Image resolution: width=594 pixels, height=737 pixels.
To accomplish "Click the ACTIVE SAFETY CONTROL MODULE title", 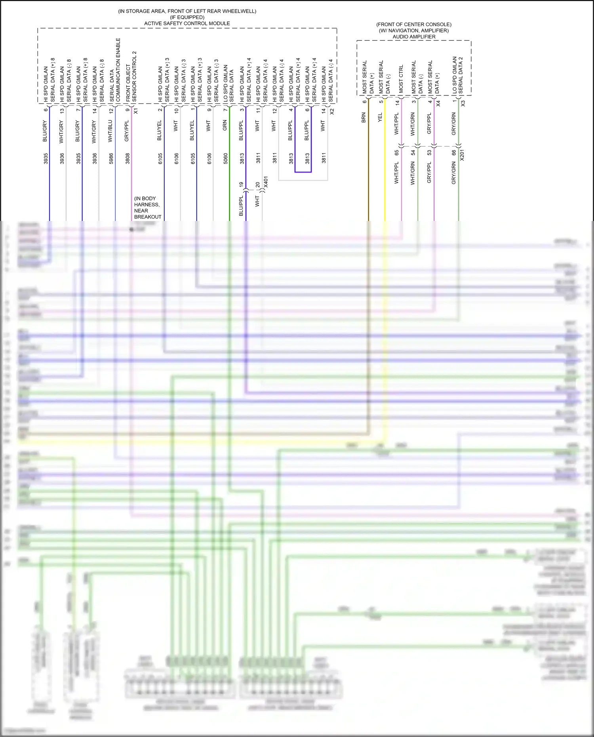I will [x=187, y=23].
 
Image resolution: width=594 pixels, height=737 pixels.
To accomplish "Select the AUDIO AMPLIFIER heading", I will [x=414, y=36].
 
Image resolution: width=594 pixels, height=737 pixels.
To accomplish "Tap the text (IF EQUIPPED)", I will [x=187, y=17].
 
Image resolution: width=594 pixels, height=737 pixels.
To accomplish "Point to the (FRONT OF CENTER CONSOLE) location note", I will [x=414, y=24].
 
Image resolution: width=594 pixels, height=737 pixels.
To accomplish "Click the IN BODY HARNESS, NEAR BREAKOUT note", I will [x=147, y=208].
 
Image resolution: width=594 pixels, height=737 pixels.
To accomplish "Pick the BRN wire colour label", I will [x=364, y=118].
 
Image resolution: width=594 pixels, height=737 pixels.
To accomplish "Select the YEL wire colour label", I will [x=380, y=117].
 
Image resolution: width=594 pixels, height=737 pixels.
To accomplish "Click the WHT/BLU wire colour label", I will [x=110, y=131].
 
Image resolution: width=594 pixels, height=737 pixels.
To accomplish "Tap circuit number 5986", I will [x=111, y=158].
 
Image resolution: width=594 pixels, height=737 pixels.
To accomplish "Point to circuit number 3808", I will [x=128, y=158].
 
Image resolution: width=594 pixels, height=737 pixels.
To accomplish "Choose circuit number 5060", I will [x=225, y=158].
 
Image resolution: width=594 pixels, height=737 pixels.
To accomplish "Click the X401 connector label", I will [x=266, y=182].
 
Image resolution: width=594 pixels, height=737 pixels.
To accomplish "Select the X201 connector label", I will [x=462, y=155].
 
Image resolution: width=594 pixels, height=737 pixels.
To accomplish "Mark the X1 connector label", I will [x=136, y=111].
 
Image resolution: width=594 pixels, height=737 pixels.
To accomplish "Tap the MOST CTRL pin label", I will [x=401, y=79].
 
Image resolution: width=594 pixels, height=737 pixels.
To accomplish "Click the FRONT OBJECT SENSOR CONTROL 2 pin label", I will [x=131, y=76].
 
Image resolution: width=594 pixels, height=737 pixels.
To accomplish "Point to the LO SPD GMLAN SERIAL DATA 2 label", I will [x=457, y=75].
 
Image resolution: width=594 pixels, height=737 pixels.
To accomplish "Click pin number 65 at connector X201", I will [x=397, y=152].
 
